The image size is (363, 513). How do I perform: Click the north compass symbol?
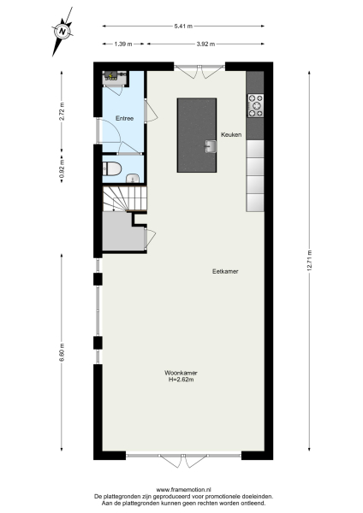click(62, 32)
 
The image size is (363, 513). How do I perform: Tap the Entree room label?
click(124, 119)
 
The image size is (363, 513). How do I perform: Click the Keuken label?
click(231, 135)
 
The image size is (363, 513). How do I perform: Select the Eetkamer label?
click(225, 271)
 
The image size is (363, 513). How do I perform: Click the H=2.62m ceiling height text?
click(180, 380)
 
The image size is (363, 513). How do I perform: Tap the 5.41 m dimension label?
click(182, 26)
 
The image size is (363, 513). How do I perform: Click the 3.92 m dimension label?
click(205, 43)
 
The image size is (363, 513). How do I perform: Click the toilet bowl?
click(110, 169)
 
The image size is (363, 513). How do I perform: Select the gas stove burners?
click(255, 104)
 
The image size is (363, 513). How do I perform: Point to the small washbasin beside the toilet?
click(132, 177)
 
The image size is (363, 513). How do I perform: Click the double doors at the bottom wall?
click(182, 461)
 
